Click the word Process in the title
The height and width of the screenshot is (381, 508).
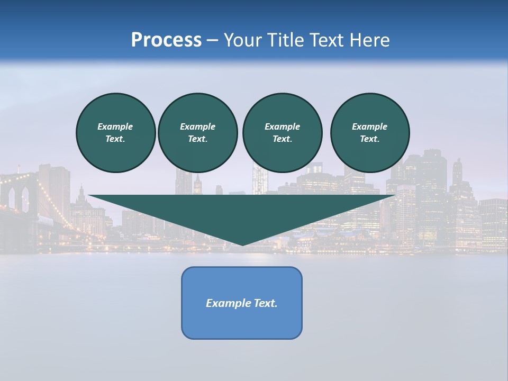pos(166,40)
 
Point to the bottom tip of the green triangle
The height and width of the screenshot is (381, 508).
pos(242,245)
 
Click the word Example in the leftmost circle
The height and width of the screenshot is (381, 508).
pos(115,126)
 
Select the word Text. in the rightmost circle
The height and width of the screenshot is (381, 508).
pos(369,139)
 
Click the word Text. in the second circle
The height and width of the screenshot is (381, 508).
pos(197,139)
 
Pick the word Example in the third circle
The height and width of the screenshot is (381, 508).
pos(282,126)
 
